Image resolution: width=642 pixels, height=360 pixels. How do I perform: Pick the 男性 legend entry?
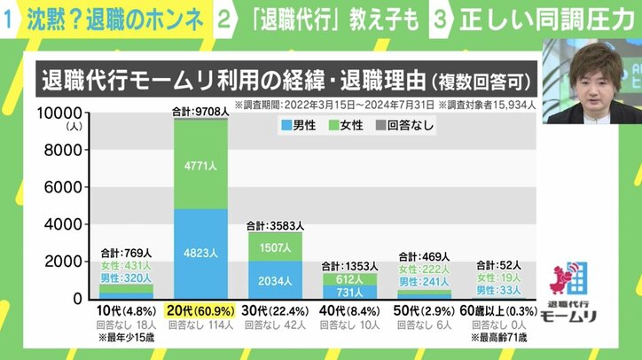pos(299,126)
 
